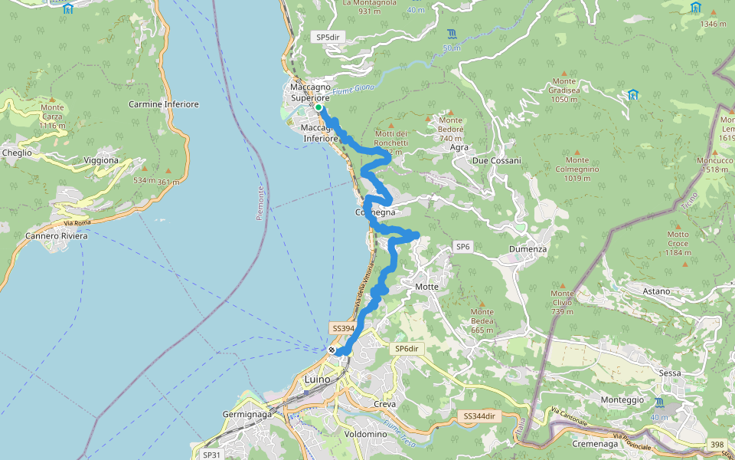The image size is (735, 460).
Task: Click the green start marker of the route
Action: pyautogui.click(x=318, y=108)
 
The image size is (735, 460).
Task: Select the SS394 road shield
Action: pyautogui.click(x=343, y=328)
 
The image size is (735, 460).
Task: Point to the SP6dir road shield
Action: pyautogui.click(x=407, y=349)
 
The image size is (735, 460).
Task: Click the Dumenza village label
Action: pyautogui.click(x=528, y=249)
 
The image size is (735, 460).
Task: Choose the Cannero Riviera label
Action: pyautogui.click(x=57, y=235)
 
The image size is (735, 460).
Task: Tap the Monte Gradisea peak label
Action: pyautogui.click(x=563, y=90)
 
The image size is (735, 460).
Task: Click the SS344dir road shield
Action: pyautogui.click(x=481, y=416)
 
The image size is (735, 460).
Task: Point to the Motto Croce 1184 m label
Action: pyautogui.click(x=678, y=243)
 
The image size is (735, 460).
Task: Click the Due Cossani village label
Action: pyautogui.click(x=496, y=160)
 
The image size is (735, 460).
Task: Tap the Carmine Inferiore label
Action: pyautogui.click(x=164, y=103)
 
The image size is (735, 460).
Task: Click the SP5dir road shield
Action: pyautogui.click(x=328, y=37)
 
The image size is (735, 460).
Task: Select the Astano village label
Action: pyautogui.click(x=656, y=291)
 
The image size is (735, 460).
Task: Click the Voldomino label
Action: pyautogui.click(x=366, y=434)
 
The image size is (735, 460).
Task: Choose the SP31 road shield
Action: pyautogui.click(x=211, y=454)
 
